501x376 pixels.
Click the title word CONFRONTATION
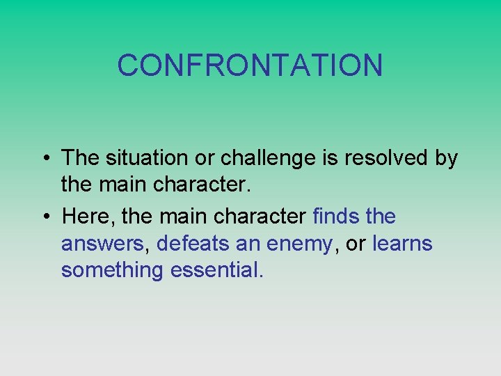(250, 65)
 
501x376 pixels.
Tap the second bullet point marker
(43, 217)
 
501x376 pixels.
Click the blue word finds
(336, 217)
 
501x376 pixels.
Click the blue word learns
(402, 244)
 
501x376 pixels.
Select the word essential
(216, 269)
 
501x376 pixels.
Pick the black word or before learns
(356, 244)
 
